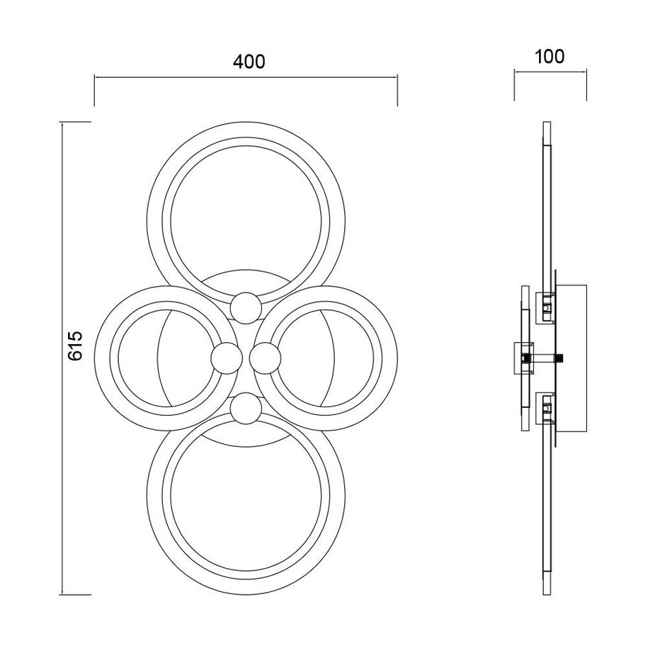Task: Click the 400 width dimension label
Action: (x=249, y=62)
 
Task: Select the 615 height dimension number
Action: (x=76, y=346)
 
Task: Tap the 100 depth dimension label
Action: (x=550, y=57)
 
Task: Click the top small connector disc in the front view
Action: (x=246, y=307)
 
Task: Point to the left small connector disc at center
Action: (x=227, y=358)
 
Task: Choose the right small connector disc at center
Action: (x=266, y=358)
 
